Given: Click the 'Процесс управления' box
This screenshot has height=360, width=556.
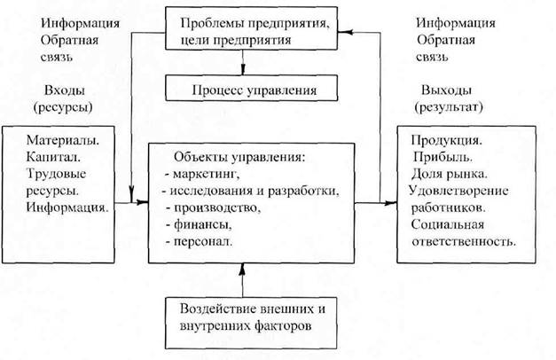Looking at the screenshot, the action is pyautogui.click(x=252, y=88).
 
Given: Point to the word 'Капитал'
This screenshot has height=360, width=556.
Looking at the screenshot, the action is pyautogui.click(x=53, y=157).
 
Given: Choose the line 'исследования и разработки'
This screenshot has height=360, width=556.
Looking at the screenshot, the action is pyautogui.click(x=255, y=191).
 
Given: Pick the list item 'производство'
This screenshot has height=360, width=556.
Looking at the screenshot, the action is pyautogui.click(x=217, y=207).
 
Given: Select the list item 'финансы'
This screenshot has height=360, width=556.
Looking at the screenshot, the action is pyautogui.click(x=203, y=224).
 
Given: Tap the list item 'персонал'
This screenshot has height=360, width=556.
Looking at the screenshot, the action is pyautogui.click(x=203, y=242).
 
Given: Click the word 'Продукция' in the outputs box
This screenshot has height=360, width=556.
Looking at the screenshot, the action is pyautogui.click(x=447, y=141).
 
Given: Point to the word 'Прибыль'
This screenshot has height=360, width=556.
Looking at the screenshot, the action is pyautogui.click(x=442, y=157).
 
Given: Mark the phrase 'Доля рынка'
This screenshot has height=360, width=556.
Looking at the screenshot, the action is pyautogui.click(x=450, y=174).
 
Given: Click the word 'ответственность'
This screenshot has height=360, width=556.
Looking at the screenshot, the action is pyautogui.click(x=464, y=242).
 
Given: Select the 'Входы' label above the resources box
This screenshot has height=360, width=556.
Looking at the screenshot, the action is pyautogui.click(x=65, y=90).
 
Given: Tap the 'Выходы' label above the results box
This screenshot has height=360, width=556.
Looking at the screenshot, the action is pyautogui.click(x=446, y=90).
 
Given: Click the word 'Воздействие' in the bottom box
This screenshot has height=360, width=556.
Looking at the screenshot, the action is pyautogui.click(x=217, y=309).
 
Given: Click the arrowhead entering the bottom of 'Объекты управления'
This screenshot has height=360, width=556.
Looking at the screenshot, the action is pyautogui.click(x=243, y=270).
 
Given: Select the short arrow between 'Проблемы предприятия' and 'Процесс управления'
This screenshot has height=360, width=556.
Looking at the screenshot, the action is pyautogui.click(x=243, y=62).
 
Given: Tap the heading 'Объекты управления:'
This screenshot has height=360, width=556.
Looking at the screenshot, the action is pyautogui.click(x=239, y=157).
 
